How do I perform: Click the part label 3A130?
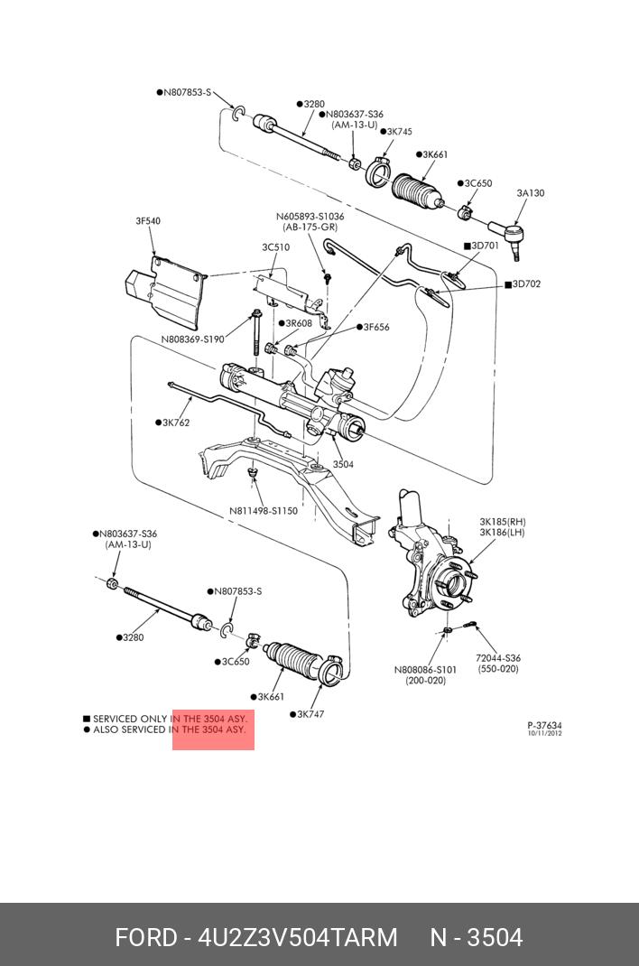pyautogui.click(x=530, y=193)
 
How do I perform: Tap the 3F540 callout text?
pyautogui.click(x=148, y=221)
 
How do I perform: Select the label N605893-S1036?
pyautogui.click(x=310, y=217)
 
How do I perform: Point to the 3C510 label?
pyautogui.click(x=275, y=247)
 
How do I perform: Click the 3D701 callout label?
pyautogui.click(x=485, y=246)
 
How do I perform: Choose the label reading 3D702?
pyautogui.click(x=526, y=284)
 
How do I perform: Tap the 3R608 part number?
pyautogui.click(x=298, y=323)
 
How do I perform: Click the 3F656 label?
pyautogui.click(x=376, y=327)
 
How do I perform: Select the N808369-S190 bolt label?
pyautogui.click(x=192, y=339)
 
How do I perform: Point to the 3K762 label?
pyautogui.click(x=176, y=422)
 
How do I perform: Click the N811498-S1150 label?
pyautogui.click(x=263, y=510)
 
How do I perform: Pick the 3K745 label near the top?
pyautogui.click(x=398, y=132)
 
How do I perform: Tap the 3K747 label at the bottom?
pyautogui.click(x=310, y=714)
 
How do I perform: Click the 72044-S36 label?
pyautogui.click(x=498, y=658)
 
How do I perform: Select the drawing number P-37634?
pyautogui.click(x=544, y=725)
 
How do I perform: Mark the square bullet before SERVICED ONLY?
pyautogui.click(x=87, y=720)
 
